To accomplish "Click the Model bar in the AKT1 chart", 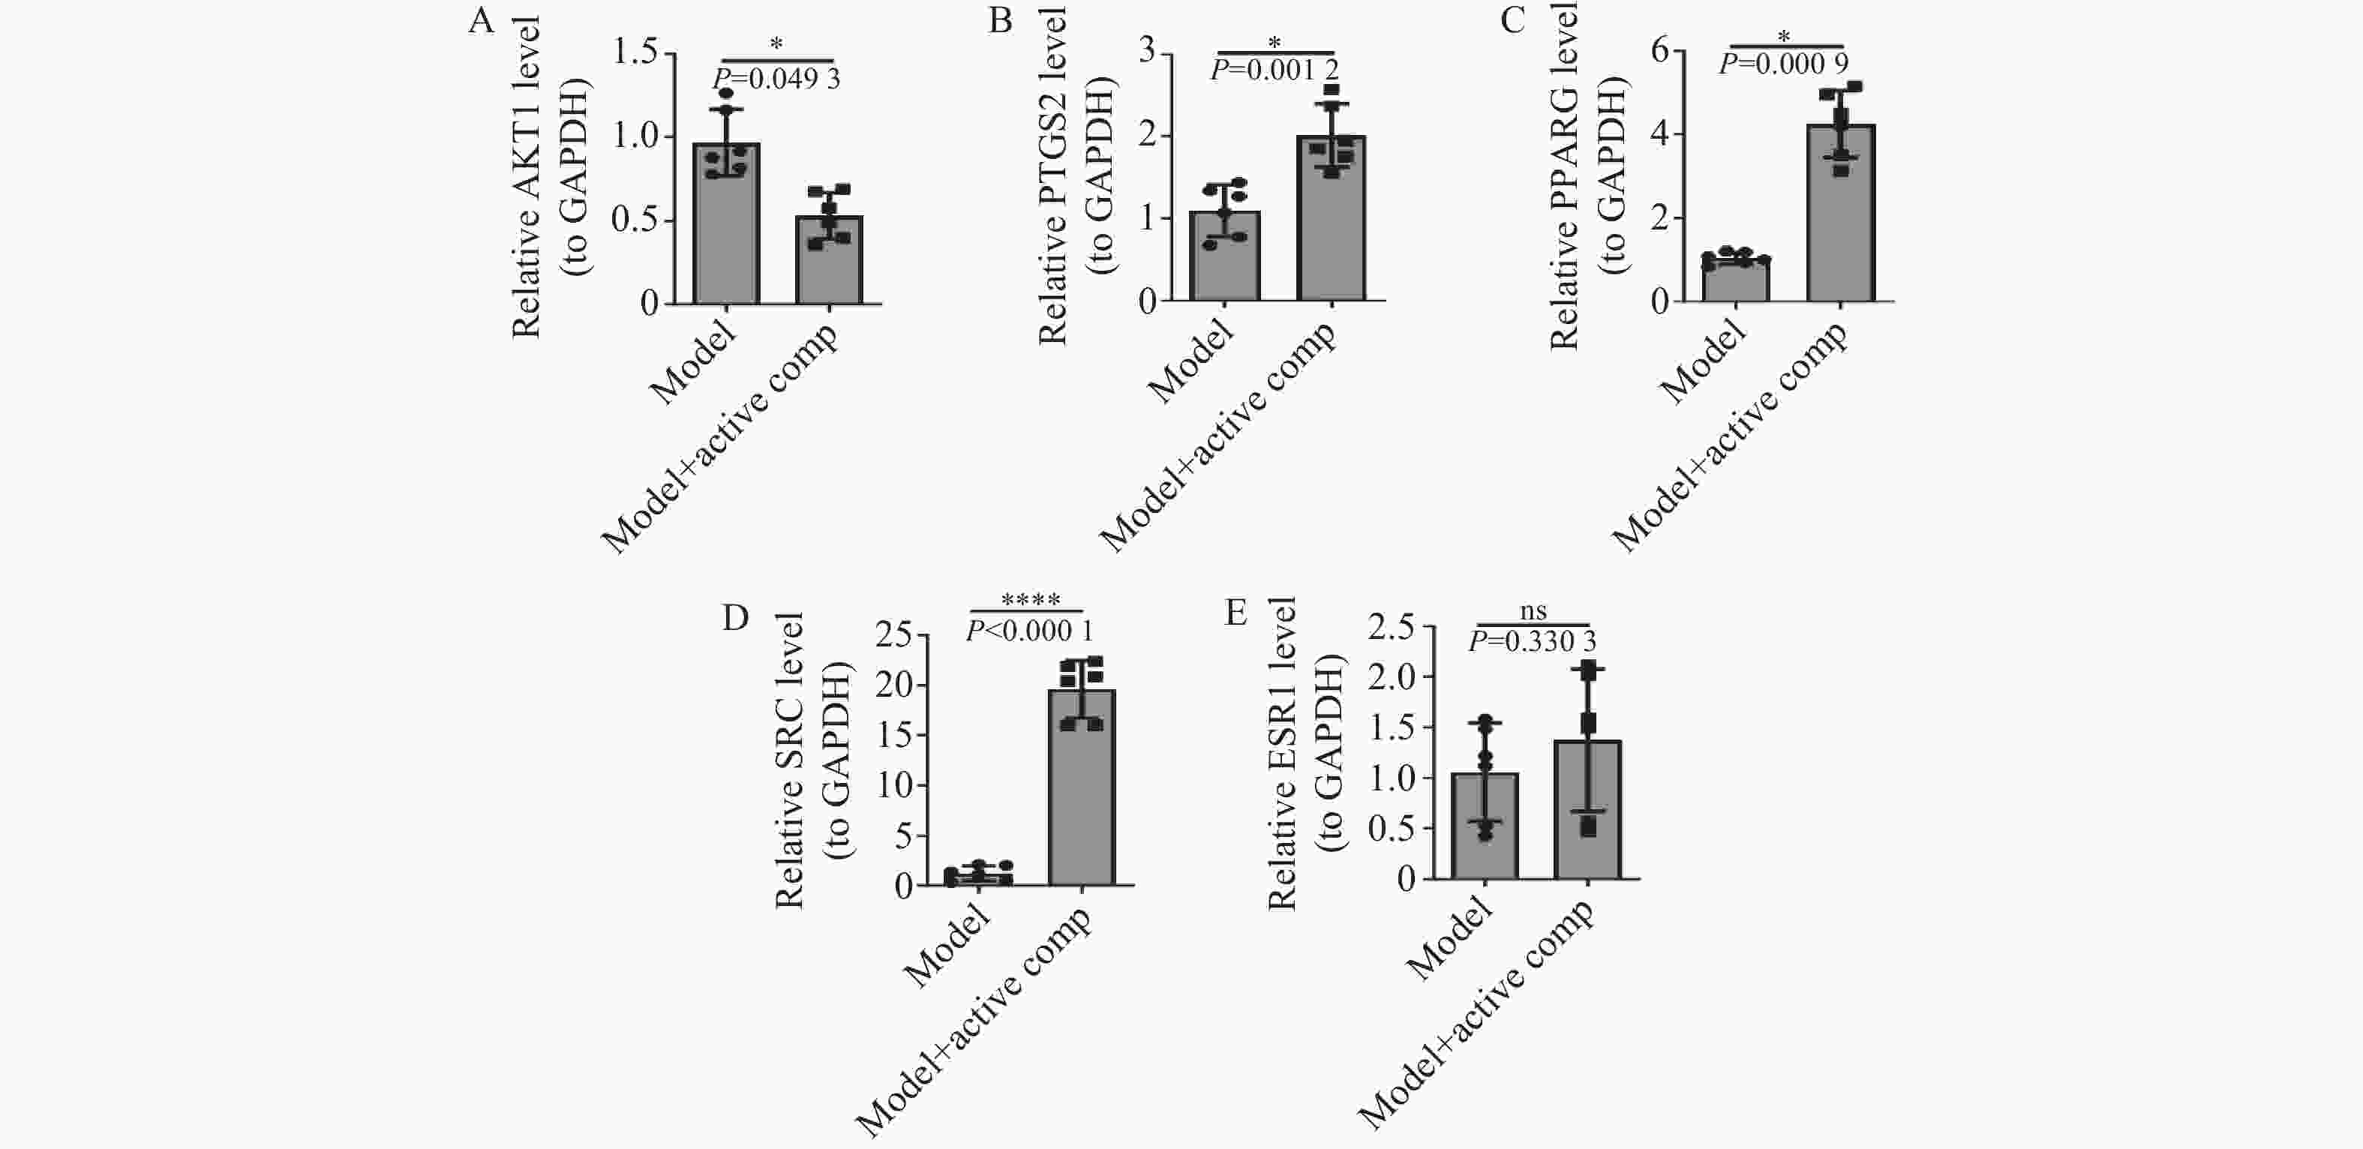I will (x=726, y=229).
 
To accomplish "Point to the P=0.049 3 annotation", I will (x=776, y=79).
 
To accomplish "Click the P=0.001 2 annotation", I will (x=1275, y=70).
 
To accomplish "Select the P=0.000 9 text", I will (x=1783, y=63).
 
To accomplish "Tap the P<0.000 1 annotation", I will (x=1029, y=631).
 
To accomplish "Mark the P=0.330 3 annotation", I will (x=1532, y=642).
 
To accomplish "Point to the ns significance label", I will (x=1533, y=610).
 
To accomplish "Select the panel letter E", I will (x=1236, y=612).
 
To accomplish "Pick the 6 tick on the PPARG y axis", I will (x=1659, y=50).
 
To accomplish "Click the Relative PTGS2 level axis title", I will (x=1052, y=174).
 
